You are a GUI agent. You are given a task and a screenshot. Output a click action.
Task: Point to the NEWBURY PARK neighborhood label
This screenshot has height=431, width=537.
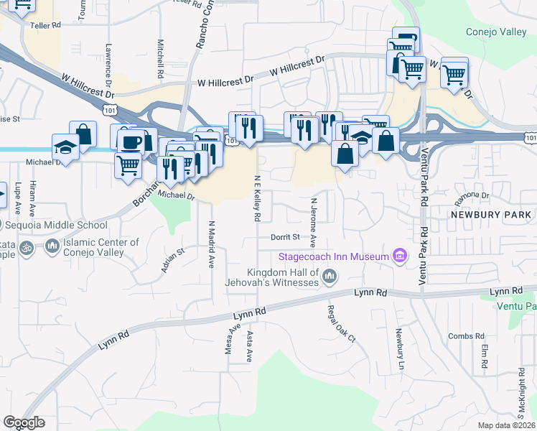click(491, 215)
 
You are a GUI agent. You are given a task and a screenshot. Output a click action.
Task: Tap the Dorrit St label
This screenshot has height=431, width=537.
click(284, 236)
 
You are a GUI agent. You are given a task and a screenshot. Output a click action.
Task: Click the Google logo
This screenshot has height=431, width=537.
click(24, 422)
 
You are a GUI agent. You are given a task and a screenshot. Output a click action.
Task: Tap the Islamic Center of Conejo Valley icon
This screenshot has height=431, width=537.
click(52, 248)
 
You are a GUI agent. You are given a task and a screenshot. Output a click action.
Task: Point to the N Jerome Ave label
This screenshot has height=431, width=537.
click(314, 201)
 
